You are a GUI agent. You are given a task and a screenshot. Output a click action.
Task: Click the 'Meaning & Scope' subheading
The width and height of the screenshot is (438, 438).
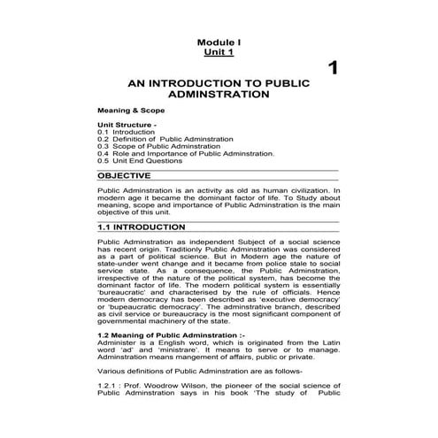pos(131,110)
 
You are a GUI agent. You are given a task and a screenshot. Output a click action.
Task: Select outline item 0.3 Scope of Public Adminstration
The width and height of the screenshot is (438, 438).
pos(156,147)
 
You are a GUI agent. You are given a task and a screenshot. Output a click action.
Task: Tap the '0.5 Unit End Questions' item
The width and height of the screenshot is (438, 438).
pos(141,161)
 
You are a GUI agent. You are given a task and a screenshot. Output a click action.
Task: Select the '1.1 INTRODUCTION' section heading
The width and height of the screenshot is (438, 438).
pos(142,227)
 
